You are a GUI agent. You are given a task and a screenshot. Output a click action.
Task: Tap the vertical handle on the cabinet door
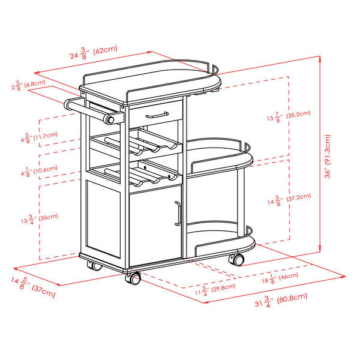coord(177,214)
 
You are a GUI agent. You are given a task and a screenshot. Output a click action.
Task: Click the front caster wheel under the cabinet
coord(133,278)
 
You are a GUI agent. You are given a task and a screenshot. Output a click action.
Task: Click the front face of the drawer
coord(155,112)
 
